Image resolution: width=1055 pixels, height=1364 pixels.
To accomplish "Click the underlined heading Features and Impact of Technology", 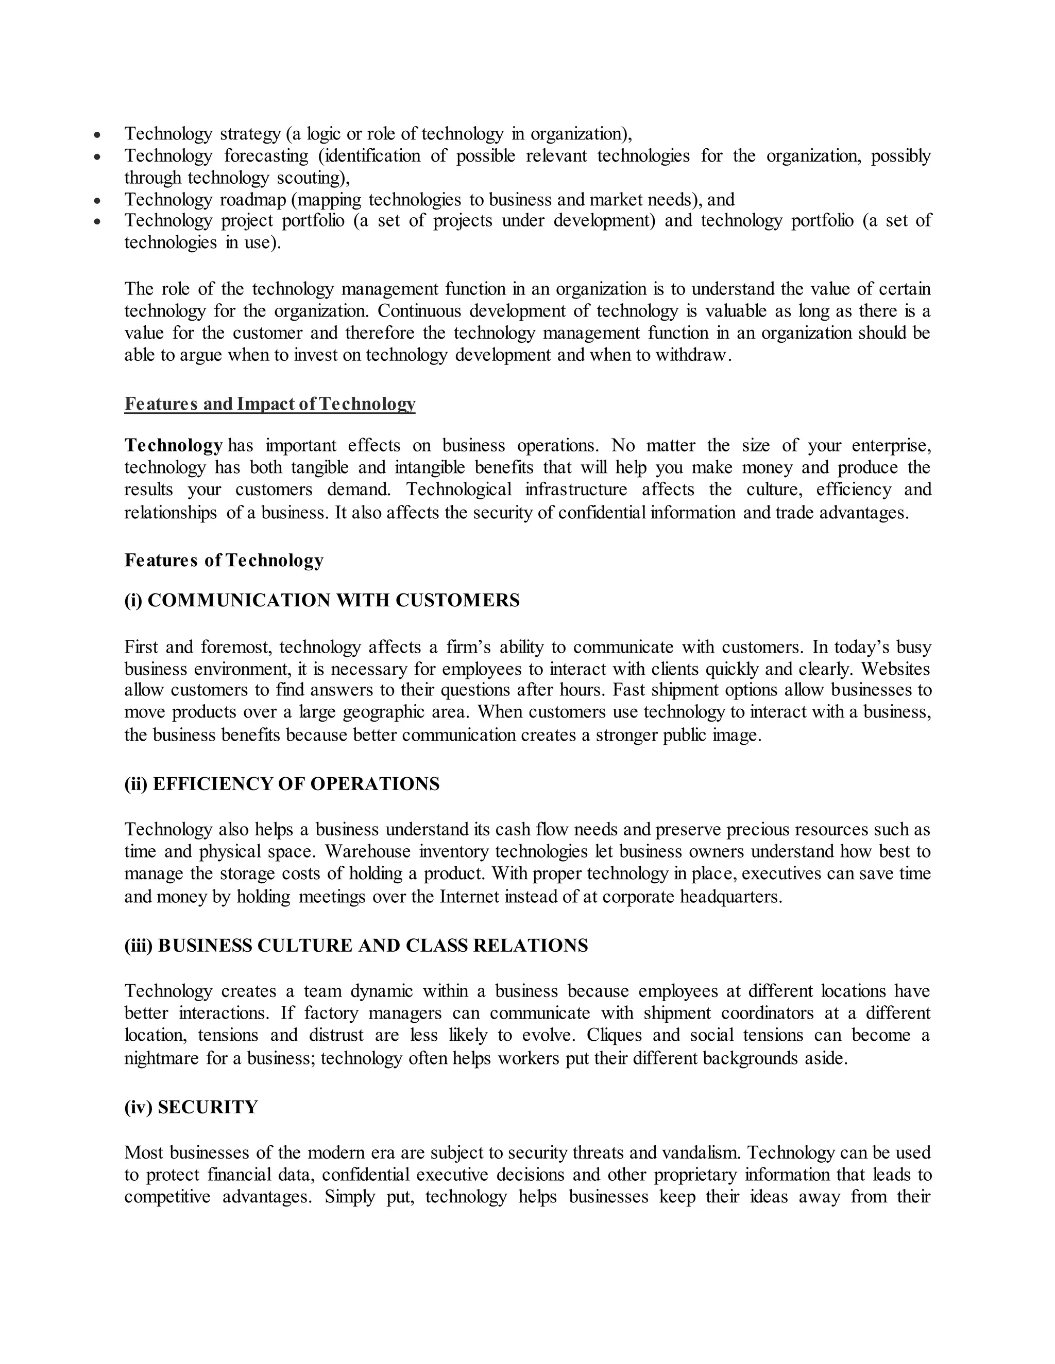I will tap(269, 404).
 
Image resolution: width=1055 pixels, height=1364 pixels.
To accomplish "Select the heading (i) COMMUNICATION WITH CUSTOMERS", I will tap(322, 600).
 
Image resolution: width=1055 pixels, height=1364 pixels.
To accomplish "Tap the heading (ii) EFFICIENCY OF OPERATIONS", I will tap(282, 784).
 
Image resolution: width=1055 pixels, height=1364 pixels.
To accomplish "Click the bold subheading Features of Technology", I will tap(224, 560).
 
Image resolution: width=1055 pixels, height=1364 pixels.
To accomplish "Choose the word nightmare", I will tap(161, 1058).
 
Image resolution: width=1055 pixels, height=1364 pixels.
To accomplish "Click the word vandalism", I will tap(700, 1152).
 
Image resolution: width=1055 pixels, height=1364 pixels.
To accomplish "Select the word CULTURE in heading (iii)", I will tap(304, 946).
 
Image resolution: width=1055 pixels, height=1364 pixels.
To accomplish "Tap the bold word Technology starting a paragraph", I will tap(173, 446).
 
